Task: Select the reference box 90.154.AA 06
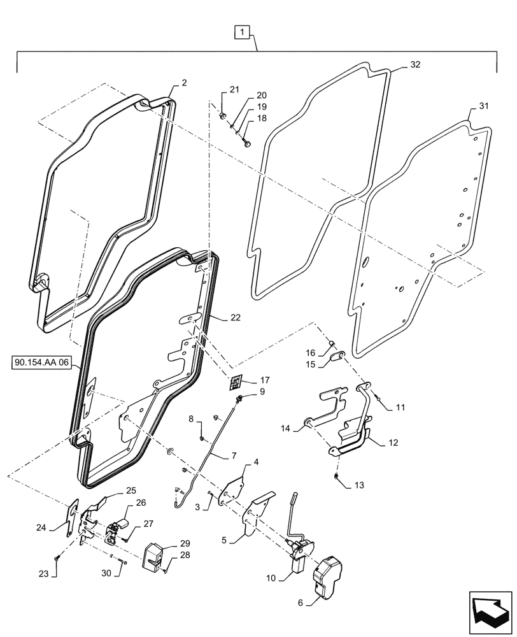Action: point(42,364)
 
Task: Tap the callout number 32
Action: point(415,65)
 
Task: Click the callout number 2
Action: point(183,83)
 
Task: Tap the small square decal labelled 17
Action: point(236,382)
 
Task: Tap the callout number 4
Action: point(256,461)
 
